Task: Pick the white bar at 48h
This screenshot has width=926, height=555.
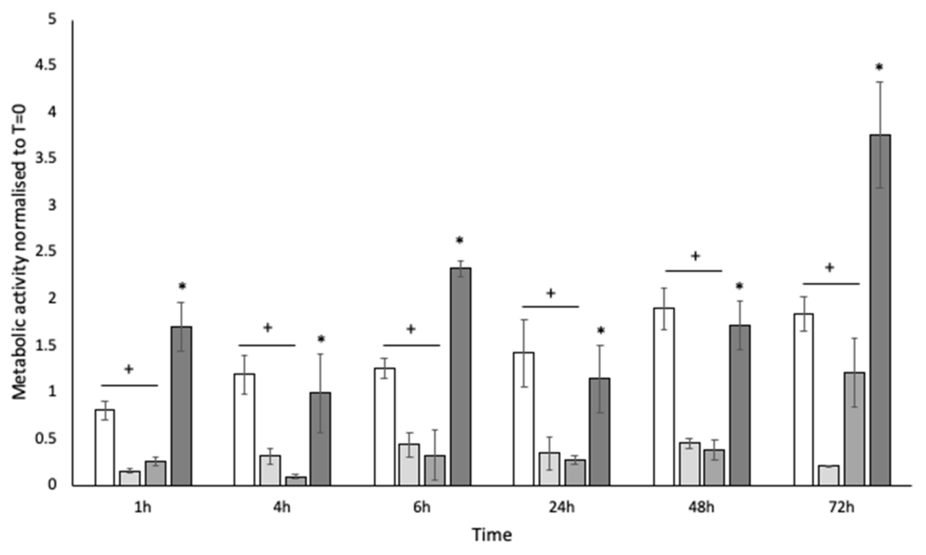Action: pos(664,396)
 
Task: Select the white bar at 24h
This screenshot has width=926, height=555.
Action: pos(523,419)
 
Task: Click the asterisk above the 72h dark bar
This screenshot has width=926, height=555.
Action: pos(879,68)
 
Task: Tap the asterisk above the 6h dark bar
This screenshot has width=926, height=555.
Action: pos(460,241)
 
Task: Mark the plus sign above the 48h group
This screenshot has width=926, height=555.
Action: pos(695,256)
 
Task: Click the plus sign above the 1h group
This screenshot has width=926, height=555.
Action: pos(129,369)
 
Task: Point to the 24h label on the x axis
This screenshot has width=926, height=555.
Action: pos(562,508)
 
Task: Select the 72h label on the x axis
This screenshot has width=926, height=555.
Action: pos(842,508)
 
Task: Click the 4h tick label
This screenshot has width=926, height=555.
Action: pos(282,508)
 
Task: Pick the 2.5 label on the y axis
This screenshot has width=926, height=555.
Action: pos(45,252)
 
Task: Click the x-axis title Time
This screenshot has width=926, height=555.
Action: pos(492,535)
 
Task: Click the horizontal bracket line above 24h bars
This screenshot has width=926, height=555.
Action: pos(550,307)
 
